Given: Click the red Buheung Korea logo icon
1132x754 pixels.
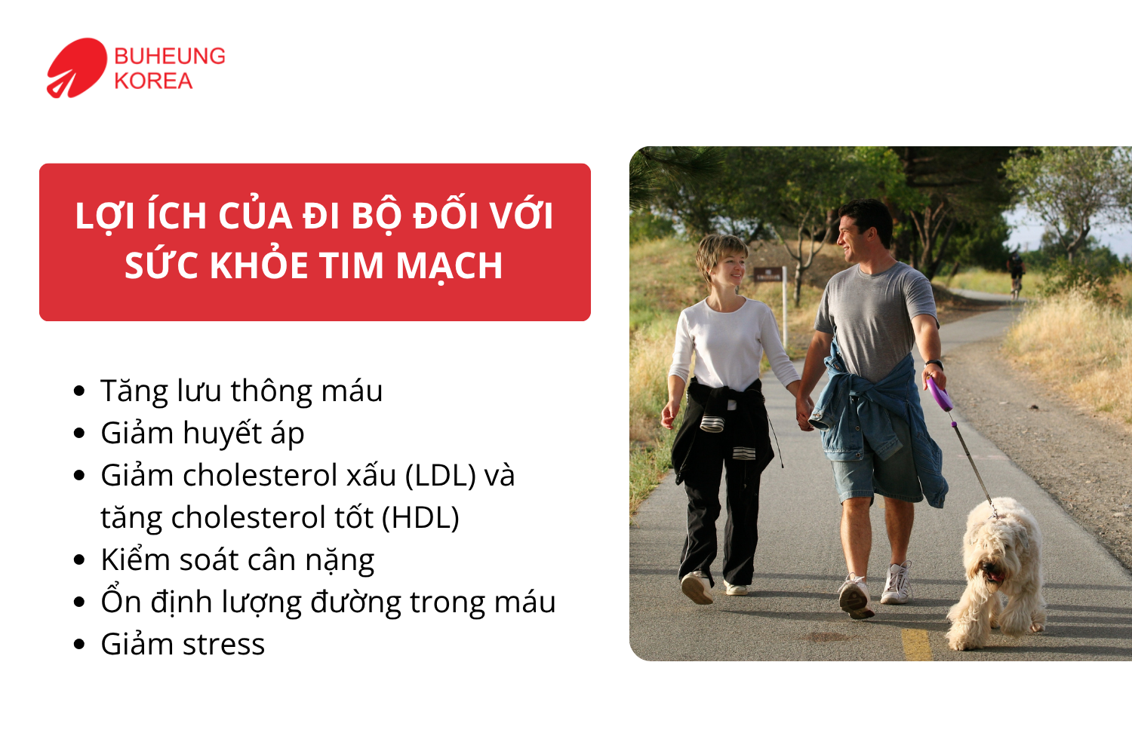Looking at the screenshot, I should point(75,68).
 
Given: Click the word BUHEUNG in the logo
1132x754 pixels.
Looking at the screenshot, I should point(170,57).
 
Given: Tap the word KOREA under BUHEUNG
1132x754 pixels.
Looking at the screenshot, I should point(153,81).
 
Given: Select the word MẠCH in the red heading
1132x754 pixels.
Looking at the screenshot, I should point(449,266).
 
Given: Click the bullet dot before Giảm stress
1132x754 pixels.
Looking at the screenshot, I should point(80,645).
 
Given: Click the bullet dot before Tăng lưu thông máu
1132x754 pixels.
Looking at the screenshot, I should point(80,391).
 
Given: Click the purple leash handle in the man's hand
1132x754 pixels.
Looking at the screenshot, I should point(940,394).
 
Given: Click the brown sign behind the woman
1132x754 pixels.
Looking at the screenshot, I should point(767,274).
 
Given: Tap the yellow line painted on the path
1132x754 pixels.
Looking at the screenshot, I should point(916,645).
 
